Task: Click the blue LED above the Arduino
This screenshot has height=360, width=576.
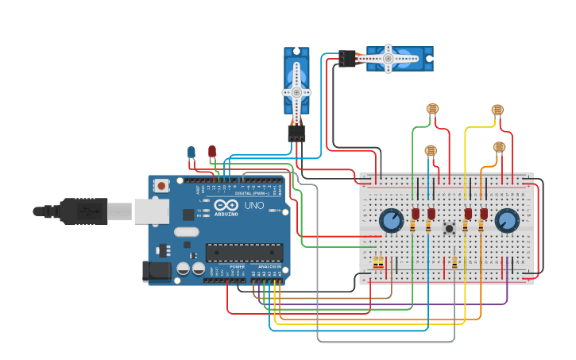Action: coord(191,152)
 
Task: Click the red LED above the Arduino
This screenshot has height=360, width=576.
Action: coord(211,150)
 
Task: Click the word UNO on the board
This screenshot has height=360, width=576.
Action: coord(253,205)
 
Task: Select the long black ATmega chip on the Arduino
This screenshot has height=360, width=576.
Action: coord(244,253)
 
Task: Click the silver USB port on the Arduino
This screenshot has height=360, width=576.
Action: coord(151,211)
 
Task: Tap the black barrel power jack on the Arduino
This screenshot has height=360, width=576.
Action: coord(157,271)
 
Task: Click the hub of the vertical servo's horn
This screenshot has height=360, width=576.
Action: coord(296,92)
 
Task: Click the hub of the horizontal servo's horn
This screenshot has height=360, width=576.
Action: coord(389,58)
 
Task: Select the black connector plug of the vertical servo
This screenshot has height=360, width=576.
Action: coord(296,133)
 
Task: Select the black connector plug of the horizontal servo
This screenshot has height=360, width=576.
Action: coord(347,58)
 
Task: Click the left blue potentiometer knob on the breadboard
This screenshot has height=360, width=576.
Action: coord(391,219)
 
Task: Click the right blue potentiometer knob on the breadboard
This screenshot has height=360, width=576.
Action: coord(506,220)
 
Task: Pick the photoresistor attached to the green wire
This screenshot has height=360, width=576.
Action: coord(432,109)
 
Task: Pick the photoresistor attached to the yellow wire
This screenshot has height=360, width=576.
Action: coord(497,110)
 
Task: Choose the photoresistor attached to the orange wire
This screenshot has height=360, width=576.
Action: coord(499,146)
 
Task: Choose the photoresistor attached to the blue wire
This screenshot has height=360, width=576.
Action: coord(431,150)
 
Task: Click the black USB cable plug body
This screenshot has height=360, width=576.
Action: coord(83,211)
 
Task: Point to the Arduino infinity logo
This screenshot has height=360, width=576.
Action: coord(226,205)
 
